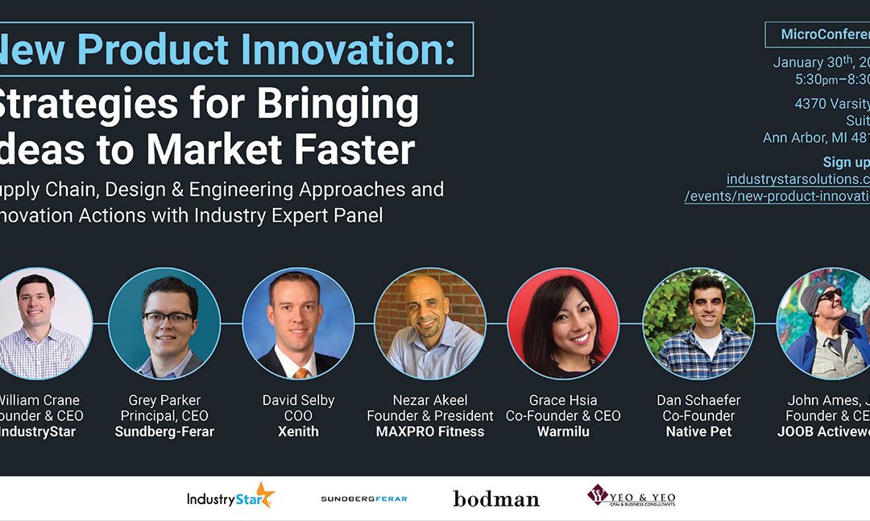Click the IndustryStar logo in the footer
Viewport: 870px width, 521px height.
pyautogui.click(x=230, y=496)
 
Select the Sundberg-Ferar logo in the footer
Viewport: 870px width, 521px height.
pyautogui.click(x=363, y=498)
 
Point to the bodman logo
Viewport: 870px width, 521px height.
pyautogui.click(x=495, y=498)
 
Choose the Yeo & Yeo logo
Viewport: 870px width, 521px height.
pyautogui.click(x=631, y=496)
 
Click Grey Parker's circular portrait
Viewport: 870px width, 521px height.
pyautogui.click(x=164, y=323)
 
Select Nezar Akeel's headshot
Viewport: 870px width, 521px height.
pyautogui.click(x=430, y=323)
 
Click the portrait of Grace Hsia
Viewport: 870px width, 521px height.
pyautogui.click(x=563, y=323)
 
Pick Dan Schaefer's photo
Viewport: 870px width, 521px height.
pyautogui.click(x=698, y=323)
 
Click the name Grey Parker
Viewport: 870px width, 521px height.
pyautogui.click(x=164, y=400)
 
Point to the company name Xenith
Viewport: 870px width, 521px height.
pyautogui.click(x=298, y=431)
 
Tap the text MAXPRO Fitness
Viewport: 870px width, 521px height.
pyautogui.click(x=430, y=431)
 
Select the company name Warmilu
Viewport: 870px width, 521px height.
pyautogui.click(x=563, y=431)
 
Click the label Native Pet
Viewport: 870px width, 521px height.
pyautogui.click(x=698, y=431)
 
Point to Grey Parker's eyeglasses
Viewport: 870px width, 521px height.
pyautogui.click(x=168, y=318)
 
